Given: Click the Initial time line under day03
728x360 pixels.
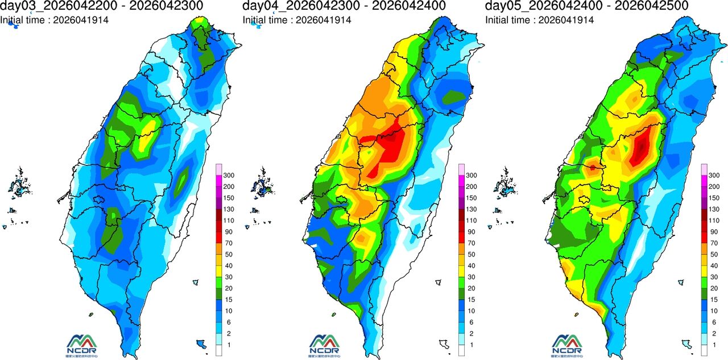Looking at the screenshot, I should coord(54,20).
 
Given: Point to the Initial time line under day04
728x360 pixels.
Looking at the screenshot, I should coord(297,20).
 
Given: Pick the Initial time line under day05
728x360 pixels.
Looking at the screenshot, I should coord(539,20).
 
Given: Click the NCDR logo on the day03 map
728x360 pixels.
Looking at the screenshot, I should coord(82,344).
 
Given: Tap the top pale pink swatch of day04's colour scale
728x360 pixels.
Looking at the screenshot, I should coord(461,169).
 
